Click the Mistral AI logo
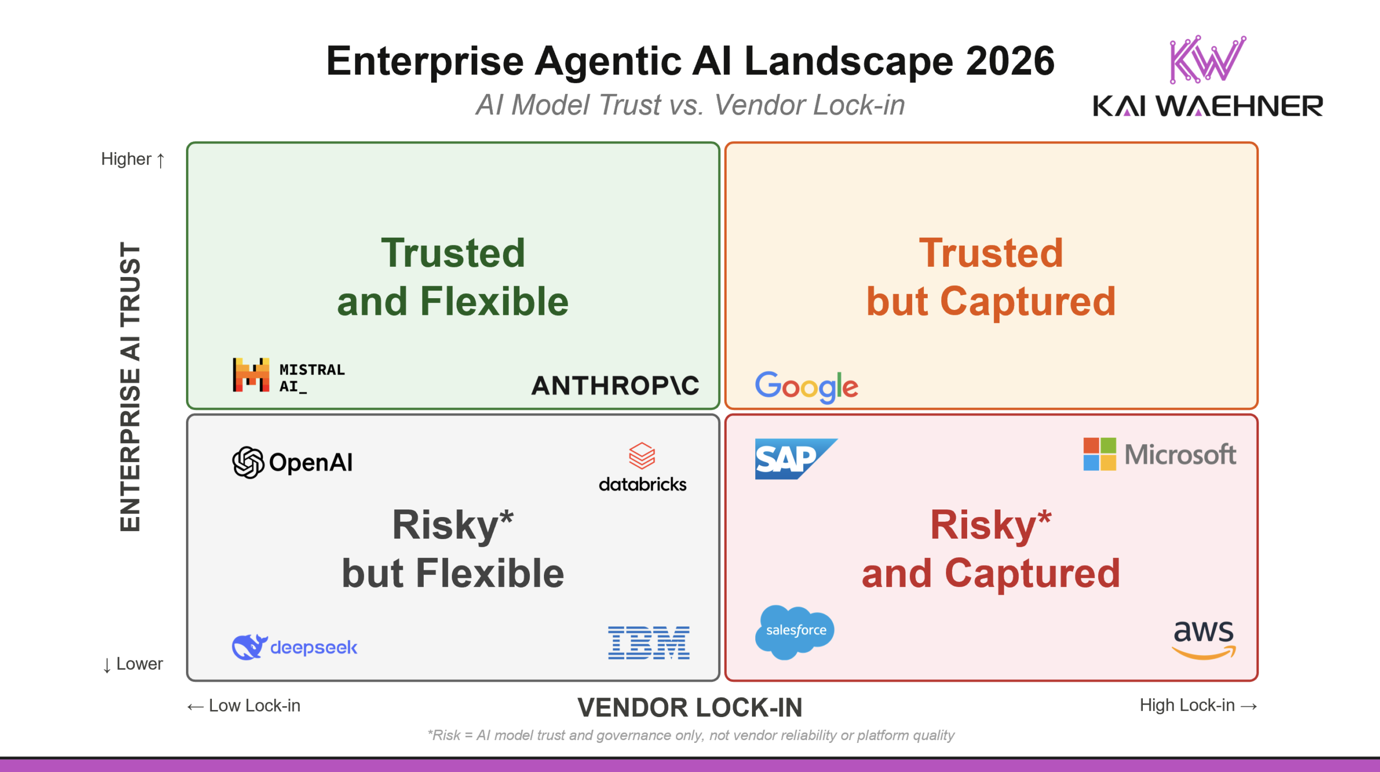[x=288, y=375]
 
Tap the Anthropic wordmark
[x=615, y=385]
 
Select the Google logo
[x=806, y=386]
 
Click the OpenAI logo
[x=293, y=463]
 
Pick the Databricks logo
[x=643, y=467]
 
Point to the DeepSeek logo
[x=294, y=647]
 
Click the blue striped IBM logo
[x=648, y=643]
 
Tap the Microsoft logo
[x=1160, y=454]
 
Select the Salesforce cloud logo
[x=795, y=631]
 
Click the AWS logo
[x=1204, y=639]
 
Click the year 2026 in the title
[x=1010, y=61]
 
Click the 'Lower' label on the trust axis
[x=133, y=664]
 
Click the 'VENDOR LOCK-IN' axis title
[x=689, y=707]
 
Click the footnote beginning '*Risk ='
[x=691, y=735]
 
